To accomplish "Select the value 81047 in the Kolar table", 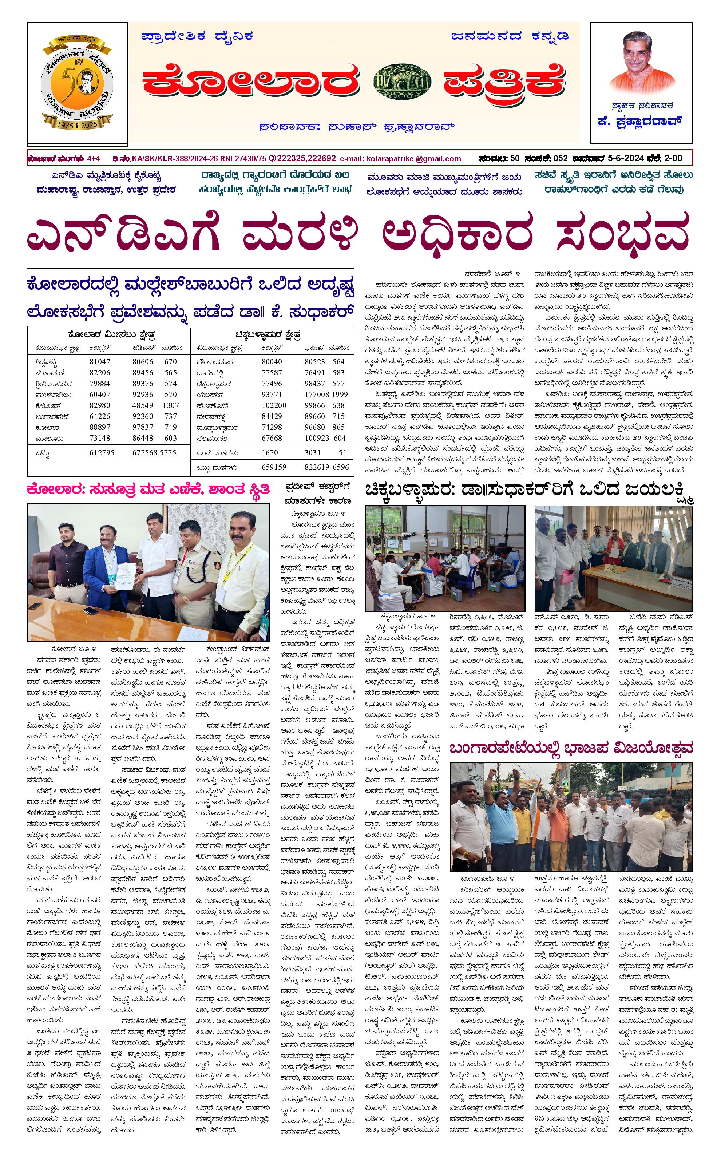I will (x=99, y=362).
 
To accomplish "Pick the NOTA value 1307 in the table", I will (x=171, y=405).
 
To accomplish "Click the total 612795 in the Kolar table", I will (x=102, y=452).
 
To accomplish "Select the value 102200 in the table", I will (x=274, y=405).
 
